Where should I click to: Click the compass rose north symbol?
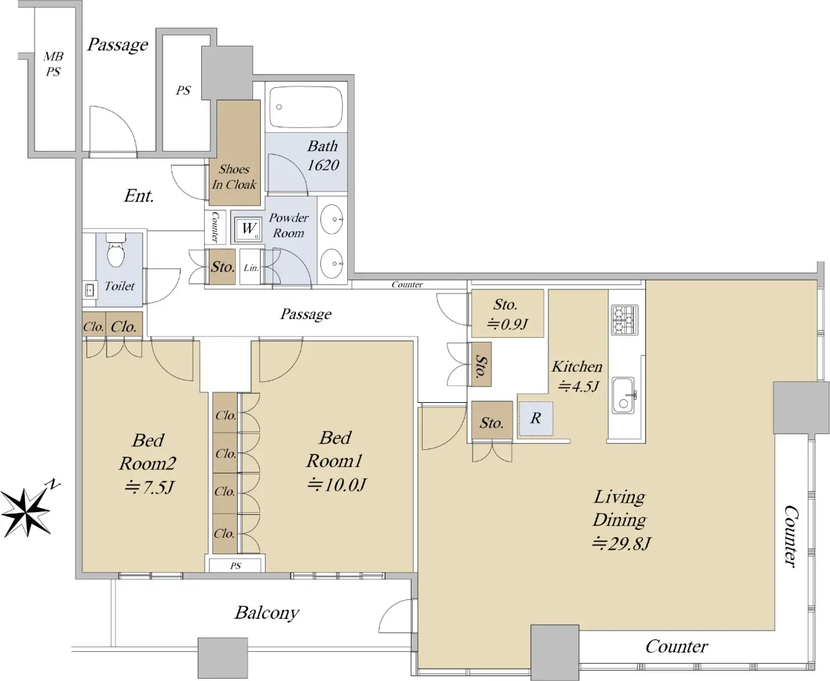26,512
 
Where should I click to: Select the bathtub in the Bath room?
306,107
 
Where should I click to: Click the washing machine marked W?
248,229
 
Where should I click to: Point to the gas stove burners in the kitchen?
624,320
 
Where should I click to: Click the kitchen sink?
624,395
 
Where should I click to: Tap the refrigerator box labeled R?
535,418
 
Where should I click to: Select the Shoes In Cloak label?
234,177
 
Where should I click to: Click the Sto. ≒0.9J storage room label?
506,314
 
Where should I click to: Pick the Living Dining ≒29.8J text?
620,520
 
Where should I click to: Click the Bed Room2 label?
147,451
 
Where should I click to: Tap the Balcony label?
267,613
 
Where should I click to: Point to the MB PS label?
53,64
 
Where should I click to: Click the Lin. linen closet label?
251,268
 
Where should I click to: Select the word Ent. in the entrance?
138,196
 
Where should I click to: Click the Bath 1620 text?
323,156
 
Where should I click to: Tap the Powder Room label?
288,226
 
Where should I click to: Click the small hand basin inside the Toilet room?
89,290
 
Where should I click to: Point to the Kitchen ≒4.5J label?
577,376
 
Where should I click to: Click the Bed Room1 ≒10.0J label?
335,461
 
